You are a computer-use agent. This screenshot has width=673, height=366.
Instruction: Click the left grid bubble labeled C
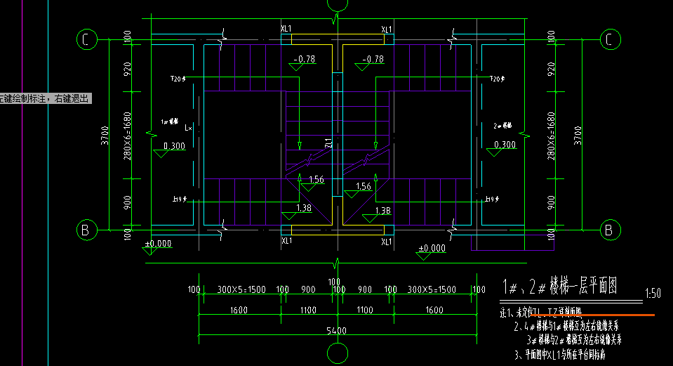pyautogui.click(x=86, y=40)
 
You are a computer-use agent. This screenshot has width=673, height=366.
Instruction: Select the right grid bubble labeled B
pyautogui.click(x=608, y=230)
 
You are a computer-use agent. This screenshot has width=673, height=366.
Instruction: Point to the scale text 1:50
pyautogui.click(x=652, y=293)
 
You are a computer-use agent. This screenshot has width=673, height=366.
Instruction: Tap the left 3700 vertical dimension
pyautogui.click(x=105, y=133)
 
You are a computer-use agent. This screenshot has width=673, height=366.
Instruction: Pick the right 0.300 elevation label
pyautogui.click(x=505, y=145)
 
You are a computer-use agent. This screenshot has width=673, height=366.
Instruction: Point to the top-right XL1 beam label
pyautogui.click(x=387, y=30)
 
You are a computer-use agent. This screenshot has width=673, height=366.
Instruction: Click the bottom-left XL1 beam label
pyautogui.click(x=286, y=241)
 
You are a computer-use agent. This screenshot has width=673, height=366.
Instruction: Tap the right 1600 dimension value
pyautogui.click(x=434, y=310)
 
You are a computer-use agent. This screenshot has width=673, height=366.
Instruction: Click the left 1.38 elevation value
pyautogui.click(x=305, y=208)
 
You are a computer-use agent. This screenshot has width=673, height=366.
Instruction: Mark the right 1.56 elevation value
pyautogui.click(x=364, y=187)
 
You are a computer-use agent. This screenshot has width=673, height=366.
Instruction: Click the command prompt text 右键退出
pyautogui.click(x=73, y=99)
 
